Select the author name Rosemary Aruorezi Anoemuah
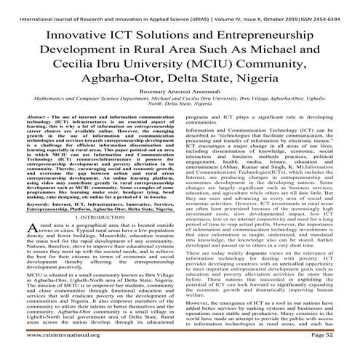tap(179, 100)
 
